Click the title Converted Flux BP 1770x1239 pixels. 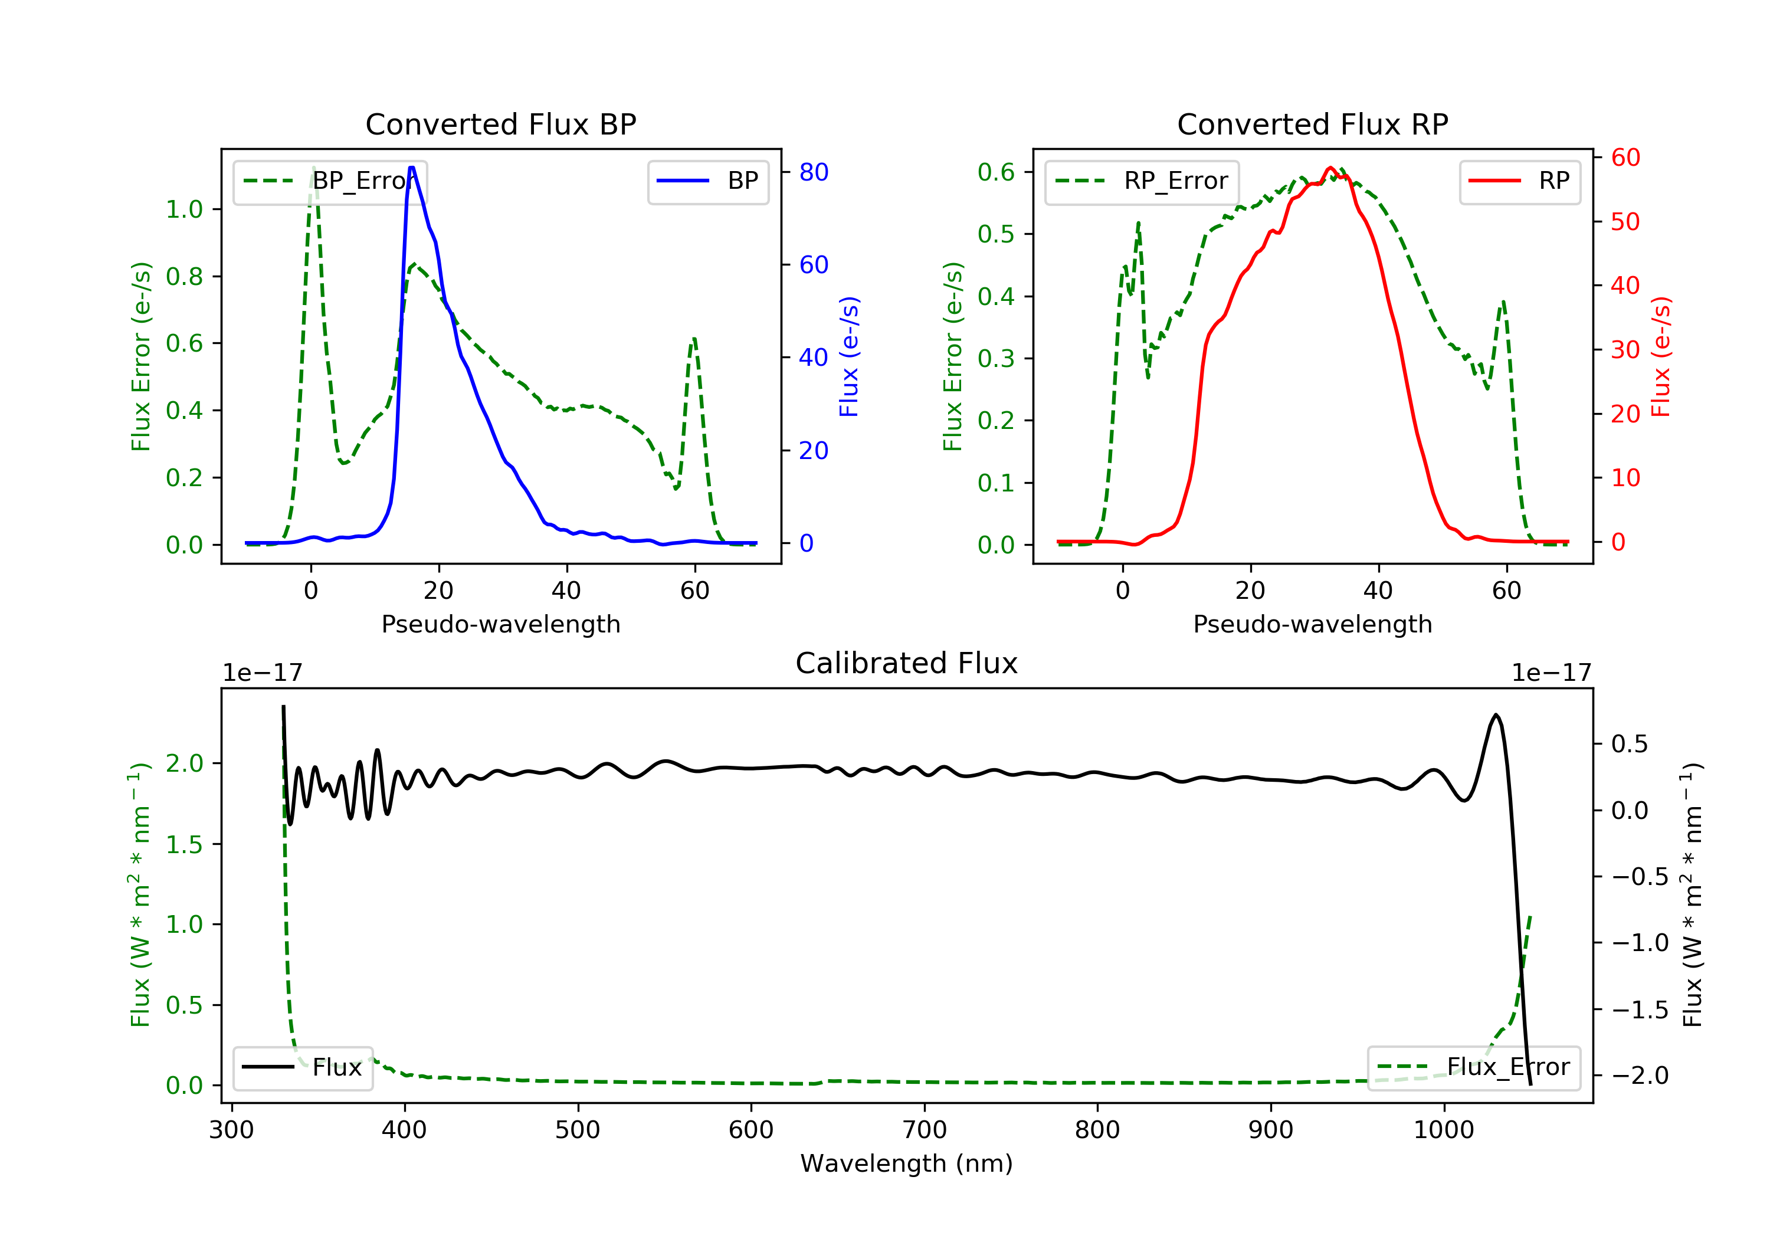pos(500,124)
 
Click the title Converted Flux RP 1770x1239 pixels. pos(1312,124)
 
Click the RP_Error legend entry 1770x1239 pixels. pos(1142,181)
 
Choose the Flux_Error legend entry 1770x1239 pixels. pos(1473,1067)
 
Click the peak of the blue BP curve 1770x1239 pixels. pos(412,168)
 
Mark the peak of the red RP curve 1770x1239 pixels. pos(1330,168)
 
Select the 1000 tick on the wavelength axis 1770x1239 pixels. pos(1443,1130)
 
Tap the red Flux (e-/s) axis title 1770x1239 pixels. pos(1660,357)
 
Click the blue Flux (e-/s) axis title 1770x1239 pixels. pos(849,357)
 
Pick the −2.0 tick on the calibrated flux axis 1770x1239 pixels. pos(1639,1076)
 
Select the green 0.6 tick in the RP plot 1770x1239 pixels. pos(995,172)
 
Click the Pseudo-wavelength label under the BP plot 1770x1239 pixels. pos(500,624)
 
